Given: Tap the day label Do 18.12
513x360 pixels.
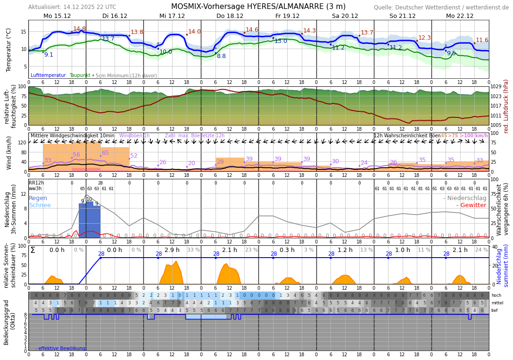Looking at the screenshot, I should [x=230, y=16].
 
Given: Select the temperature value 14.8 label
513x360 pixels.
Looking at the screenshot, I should [x=79, y=29].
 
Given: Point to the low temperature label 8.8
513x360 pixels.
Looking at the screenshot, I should [x=221, y=56].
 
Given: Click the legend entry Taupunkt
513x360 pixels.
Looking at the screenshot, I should [x=80, y=75].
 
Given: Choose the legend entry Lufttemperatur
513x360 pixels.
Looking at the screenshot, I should [x=48, y=75].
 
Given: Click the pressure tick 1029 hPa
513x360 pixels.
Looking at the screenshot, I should [x=496, y=87].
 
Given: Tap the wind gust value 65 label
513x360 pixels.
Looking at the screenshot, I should [x=105, y=153].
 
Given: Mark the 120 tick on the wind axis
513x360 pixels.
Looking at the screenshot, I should [x=22, y=142].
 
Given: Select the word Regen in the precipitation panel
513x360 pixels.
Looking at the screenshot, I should [x=38, y=198].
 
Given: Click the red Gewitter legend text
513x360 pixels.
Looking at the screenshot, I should [x=472, y=205].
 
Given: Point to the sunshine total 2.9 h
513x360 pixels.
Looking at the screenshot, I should [x=172, y=250].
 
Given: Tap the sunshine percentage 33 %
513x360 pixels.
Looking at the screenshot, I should [x=193, y=250].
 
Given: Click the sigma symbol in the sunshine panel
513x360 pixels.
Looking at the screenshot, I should [x=33, y=250].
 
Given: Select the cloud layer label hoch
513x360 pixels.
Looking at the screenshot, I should [x=496, y=295].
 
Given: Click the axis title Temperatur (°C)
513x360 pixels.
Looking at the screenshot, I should [x=8, y=50].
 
